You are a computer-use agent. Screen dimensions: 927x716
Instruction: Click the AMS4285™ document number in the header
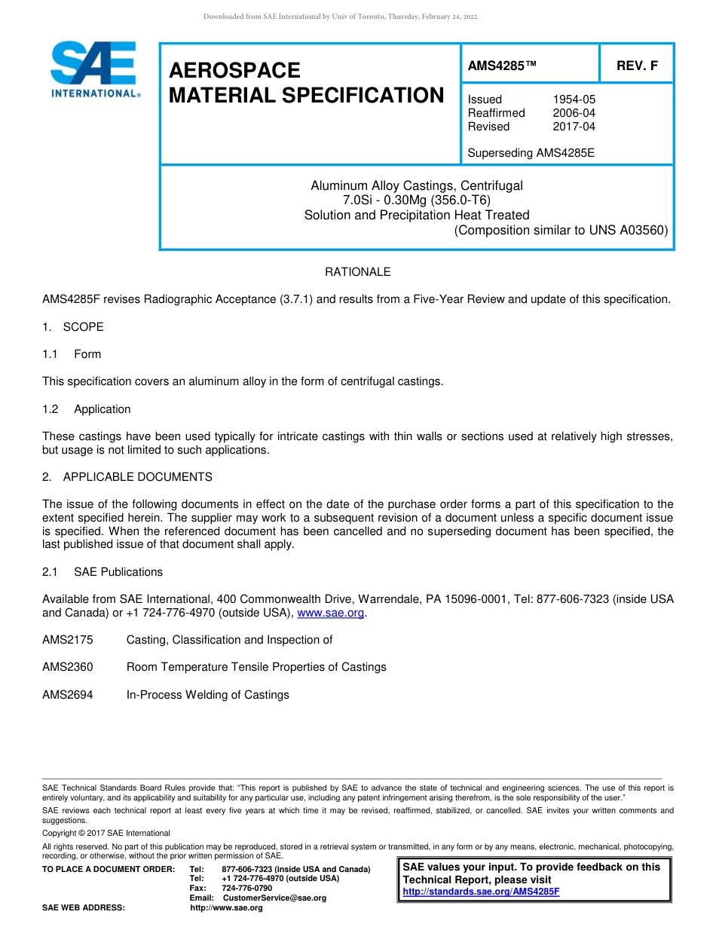pos(502,66)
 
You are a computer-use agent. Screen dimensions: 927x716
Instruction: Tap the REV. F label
pos(637,66)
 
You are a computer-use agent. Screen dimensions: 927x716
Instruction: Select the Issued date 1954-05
pos(574,99)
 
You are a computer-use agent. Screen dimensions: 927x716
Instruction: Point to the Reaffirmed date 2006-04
pos(574,113)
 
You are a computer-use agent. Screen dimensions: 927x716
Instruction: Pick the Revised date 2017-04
pos(574,127)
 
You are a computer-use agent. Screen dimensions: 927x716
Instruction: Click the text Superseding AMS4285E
pos(531,153)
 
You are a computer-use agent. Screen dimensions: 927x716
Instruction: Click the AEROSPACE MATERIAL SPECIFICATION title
pos(306,83)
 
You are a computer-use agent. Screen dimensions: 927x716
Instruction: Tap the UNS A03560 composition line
pos(561,231)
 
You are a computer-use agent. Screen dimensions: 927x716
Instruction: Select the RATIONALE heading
pos(357,272)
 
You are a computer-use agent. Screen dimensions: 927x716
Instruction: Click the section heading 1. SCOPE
pos(73,327)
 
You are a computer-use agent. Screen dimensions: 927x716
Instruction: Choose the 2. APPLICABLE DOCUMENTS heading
pos(127,477)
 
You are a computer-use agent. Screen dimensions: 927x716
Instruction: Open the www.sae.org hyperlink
pos(331,613)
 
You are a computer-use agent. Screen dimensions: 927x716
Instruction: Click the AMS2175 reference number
pos(68,640)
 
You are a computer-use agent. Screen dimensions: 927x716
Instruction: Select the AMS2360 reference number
pos(68,667)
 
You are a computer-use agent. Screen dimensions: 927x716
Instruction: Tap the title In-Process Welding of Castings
pos(207,695)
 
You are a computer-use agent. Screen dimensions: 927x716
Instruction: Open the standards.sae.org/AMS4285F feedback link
pos(481,892)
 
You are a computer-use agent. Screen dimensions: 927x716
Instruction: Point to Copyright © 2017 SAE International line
pos(106,833)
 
